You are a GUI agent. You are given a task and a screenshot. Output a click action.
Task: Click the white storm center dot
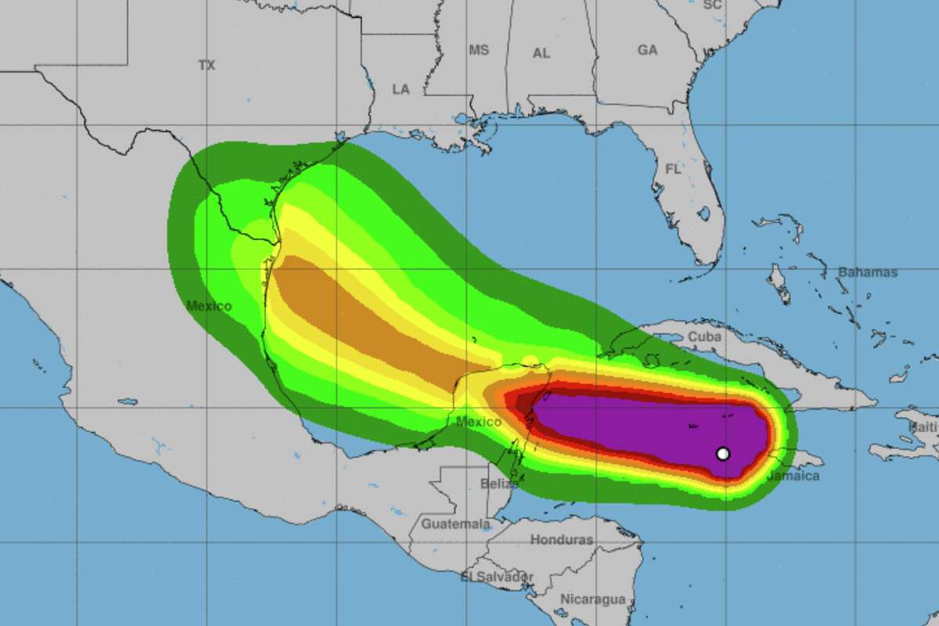point(723,453)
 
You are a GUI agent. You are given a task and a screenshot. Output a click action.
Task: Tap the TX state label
point(207,66)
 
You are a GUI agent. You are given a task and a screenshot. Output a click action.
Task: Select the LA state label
point(401,89)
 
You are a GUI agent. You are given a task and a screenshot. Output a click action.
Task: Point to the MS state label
point(478,50)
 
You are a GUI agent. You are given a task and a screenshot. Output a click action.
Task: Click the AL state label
point(541,53)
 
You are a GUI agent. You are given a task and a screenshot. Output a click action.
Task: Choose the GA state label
point(647,50)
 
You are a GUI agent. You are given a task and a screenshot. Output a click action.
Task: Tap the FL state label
point(673,169)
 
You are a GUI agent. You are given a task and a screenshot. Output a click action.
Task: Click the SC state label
point(711,5)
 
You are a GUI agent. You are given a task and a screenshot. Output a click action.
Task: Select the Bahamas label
point(868,272)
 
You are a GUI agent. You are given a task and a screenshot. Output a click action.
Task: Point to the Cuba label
point(703,336)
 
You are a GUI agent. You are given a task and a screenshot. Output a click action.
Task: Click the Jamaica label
point(793,476)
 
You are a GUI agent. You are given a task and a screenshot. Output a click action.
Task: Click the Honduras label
point(561,539)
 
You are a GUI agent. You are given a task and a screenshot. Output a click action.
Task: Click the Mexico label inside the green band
point(209,306)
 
